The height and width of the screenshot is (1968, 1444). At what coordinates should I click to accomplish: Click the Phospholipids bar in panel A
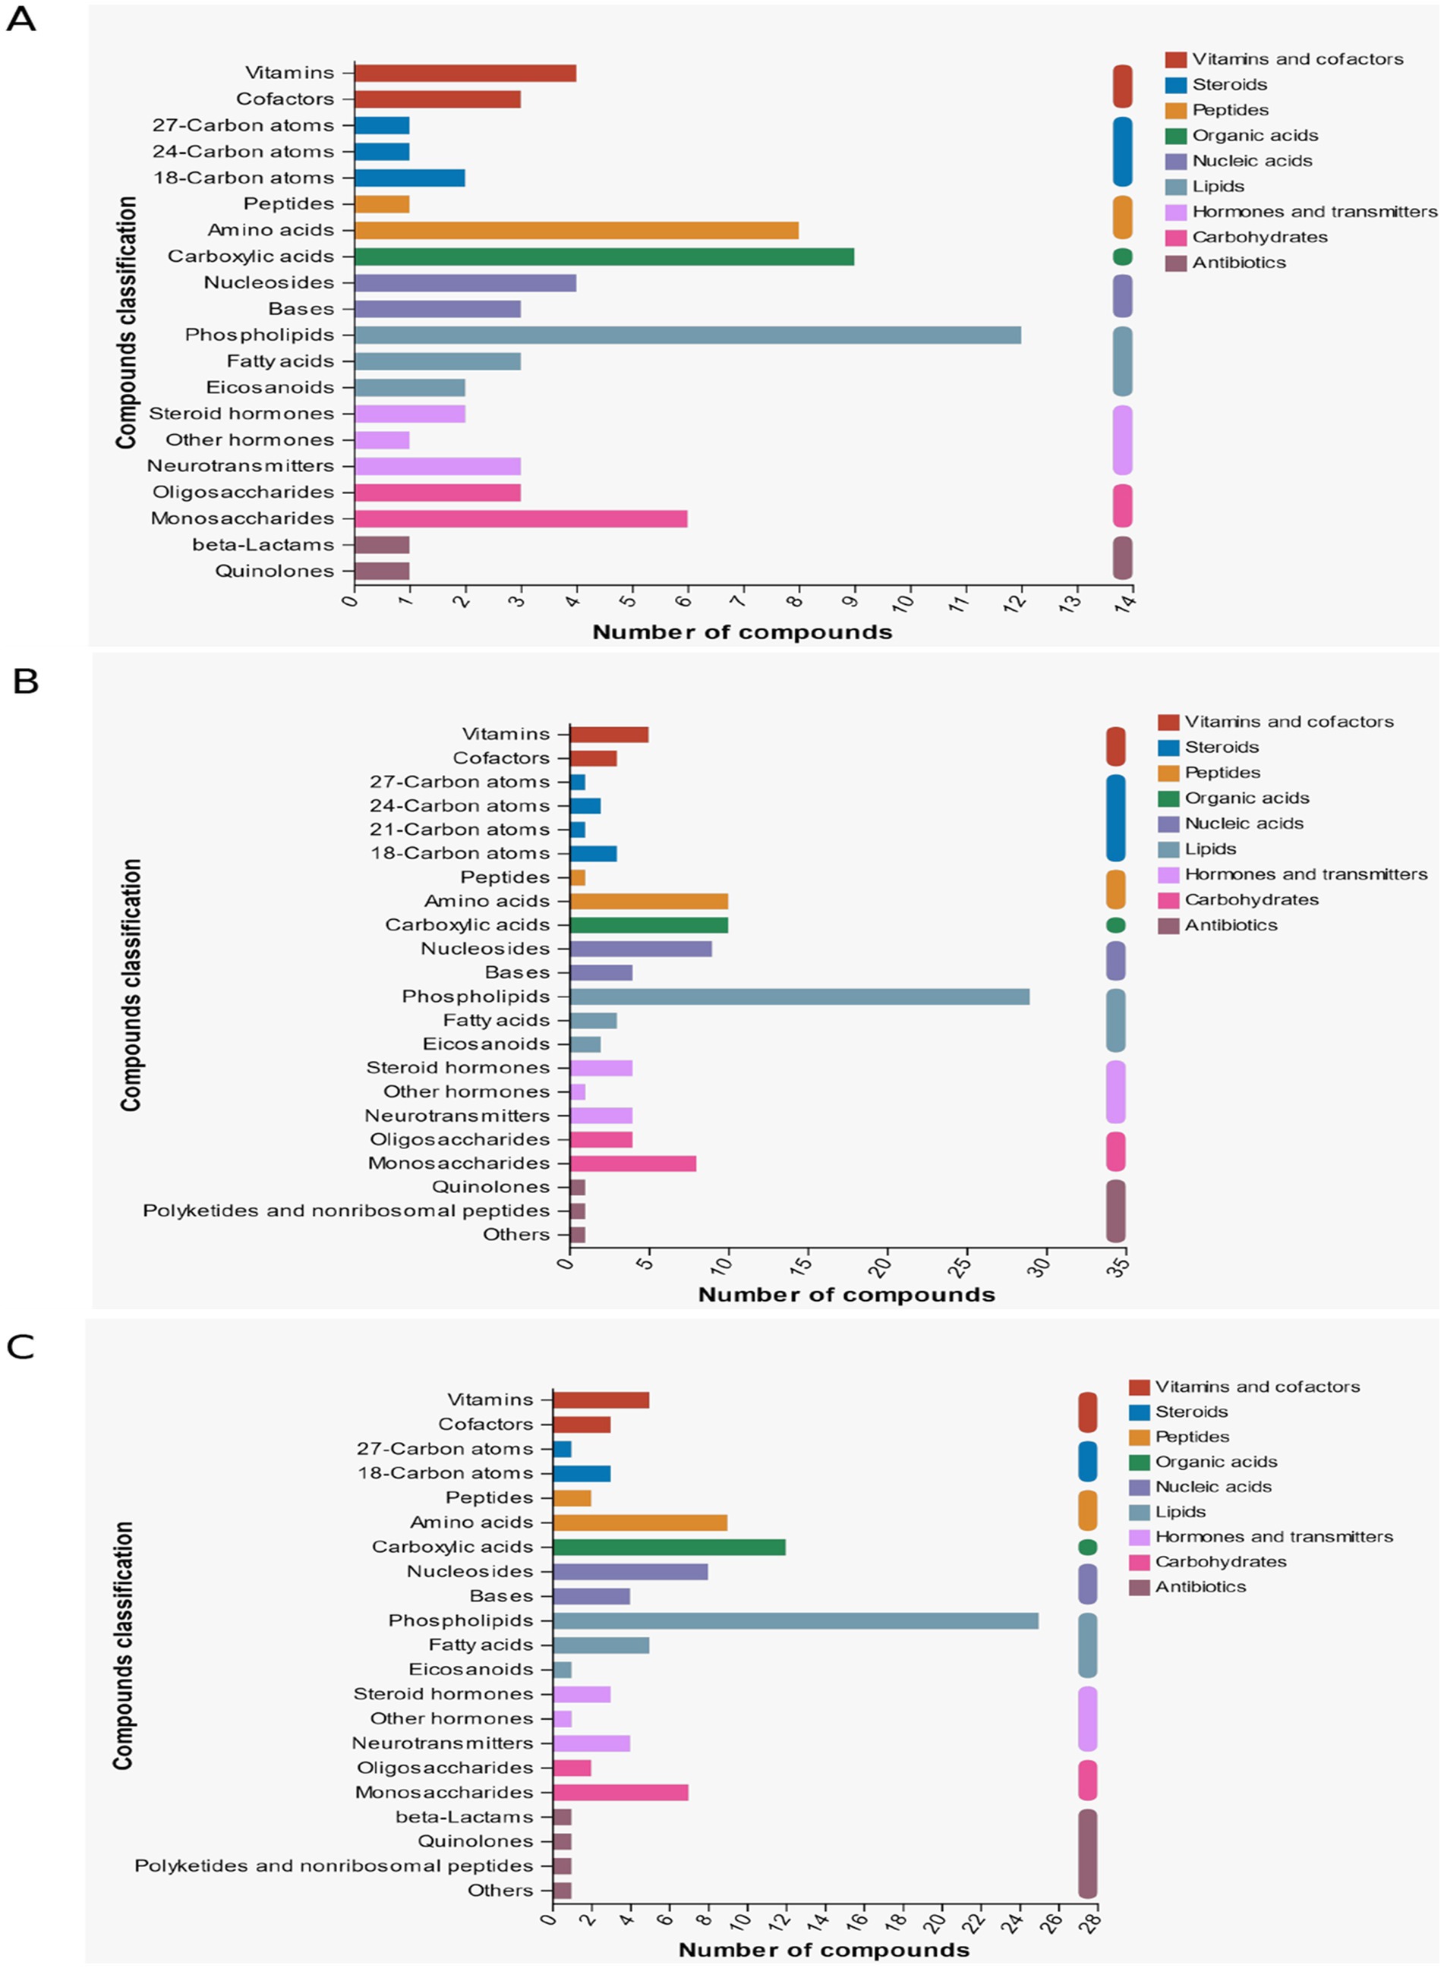tap(688, 335)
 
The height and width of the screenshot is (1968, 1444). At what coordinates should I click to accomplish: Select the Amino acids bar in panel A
tap(577, 230)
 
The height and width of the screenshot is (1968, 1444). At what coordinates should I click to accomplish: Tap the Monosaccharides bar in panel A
tap(521, 518)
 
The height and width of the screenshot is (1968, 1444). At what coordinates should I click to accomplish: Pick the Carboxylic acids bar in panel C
tap(670, 1547)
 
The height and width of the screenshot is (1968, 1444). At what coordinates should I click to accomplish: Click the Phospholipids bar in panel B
tap(799, 997)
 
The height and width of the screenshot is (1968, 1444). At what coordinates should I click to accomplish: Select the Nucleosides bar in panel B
tap(641, 949)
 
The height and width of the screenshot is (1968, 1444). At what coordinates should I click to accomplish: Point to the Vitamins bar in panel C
tap(601, 1400)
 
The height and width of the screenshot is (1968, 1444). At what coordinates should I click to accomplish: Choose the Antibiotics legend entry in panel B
tap(1218, 925)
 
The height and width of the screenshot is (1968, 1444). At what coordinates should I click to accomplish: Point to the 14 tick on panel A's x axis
tap(1127, 602)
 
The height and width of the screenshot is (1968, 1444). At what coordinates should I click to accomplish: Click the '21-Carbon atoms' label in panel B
tap(460, 830)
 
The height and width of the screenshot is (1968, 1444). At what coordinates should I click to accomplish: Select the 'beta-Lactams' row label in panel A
tap(263, 544)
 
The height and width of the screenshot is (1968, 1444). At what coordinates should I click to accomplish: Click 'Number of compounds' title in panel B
tap(846, 1294)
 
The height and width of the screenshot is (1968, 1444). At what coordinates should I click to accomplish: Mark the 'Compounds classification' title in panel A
tap(127, 323)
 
